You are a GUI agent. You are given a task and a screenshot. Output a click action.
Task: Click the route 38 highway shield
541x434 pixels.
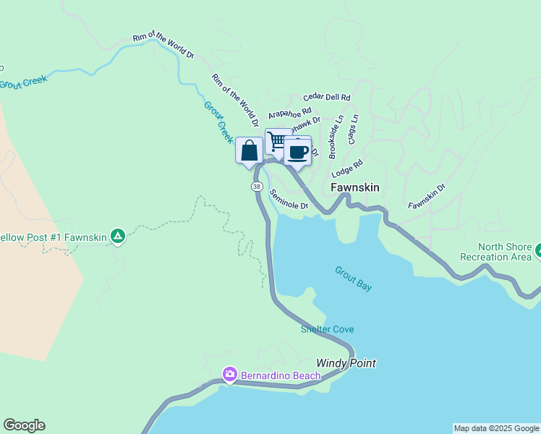point(257,187)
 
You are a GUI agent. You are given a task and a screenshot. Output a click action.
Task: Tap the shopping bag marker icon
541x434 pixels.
point(249,151)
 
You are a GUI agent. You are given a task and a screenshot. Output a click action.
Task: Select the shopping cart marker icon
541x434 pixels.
point(277,140)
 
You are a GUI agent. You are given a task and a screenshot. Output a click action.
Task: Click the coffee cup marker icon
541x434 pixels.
point(297,152)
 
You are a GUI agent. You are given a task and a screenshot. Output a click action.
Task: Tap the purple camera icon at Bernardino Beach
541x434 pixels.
point(229,374)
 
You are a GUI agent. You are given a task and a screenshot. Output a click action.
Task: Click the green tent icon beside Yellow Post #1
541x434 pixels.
point(118,236)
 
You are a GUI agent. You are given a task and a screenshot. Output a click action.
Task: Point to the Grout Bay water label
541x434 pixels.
point(353,278)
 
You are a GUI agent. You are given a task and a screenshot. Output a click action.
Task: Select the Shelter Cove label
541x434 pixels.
point(328,329)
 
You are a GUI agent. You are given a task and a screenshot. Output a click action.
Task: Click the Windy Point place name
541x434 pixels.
point(346,363)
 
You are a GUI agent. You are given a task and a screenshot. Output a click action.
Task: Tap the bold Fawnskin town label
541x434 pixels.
point(355,187)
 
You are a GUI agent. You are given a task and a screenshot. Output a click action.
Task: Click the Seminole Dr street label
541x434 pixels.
point(289,200)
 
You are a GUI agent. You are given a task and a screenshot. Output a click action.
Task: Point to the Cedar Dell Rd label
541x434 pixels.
point(327,97)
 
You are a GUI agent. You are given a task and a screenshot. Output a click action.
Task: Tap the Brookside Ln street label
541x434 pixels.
point(334,137)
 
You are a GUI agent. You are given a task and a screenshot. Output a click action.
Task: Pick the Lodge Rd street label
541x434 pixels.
point(347,169)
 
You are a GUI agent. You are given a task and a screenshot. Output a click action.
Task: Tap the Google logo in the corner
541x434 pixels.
point(24,425)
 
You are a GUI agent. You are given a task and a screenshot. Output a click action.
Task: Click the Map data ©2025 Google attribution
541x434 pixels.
point(495,428)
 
